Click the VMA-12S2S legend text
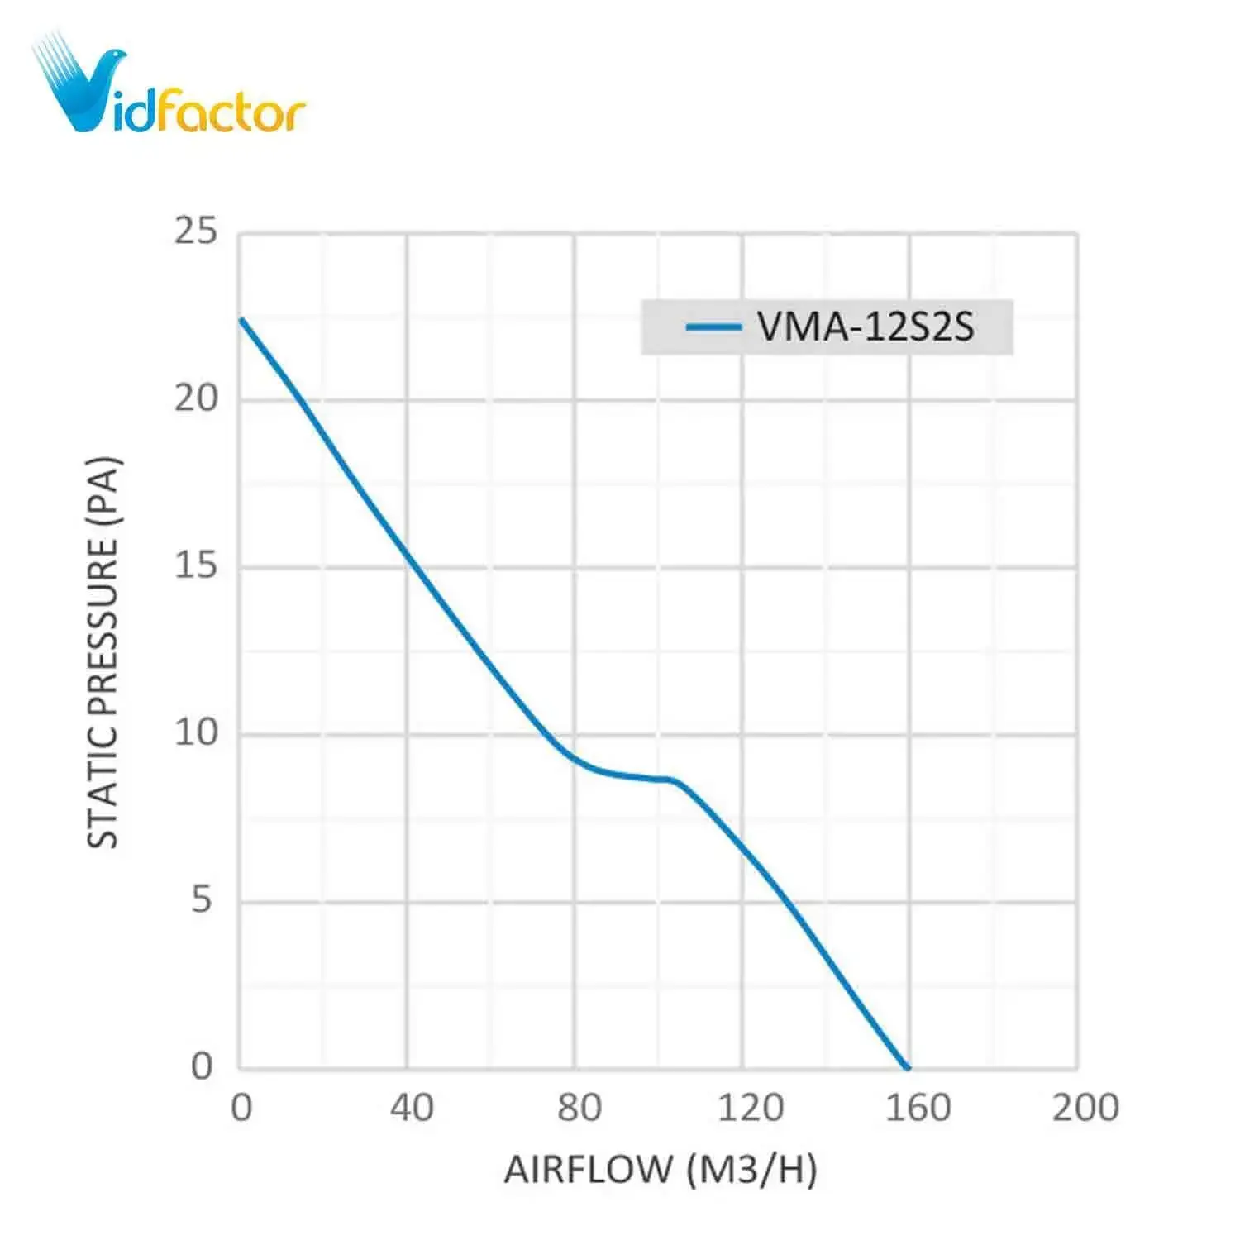click(x=866, y=327)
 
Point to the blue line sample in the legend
click(x=713, y=327)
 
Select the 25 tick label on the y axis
click(x=196, y=231)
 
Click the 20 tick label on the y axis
click(x=196, y=398)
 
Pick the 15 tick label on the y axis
click(x=196, y=565)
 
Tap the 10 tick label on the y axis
click(x=196, y=732)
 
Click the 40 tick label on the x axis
click(x=411, y=1108)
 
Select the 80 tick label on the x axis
click(x=579, y=1108)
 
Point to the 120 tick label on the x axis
click(x=750, y=1108)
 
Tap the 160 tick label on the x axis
click(x=918, y=1108)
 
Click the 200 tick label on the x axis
click(x=1085, y=1108)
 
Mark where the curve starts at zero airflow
click(x=241, y=319)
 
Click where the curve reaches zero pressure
click(x=908, y=1068)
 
